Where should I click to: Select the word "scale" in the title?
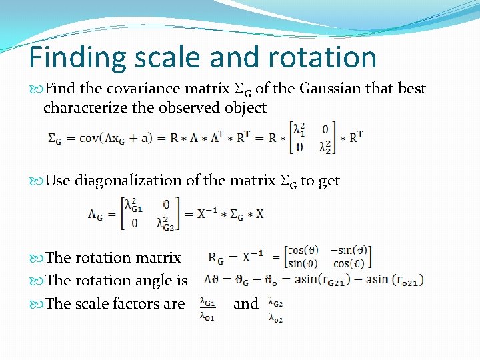171,57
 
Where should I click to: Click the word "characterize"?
86,107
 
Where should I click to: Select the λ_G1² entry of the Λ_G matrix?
134,205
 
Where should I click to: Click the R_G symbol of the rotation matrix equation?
217,258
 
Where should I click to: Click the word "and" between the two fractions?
245,304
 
